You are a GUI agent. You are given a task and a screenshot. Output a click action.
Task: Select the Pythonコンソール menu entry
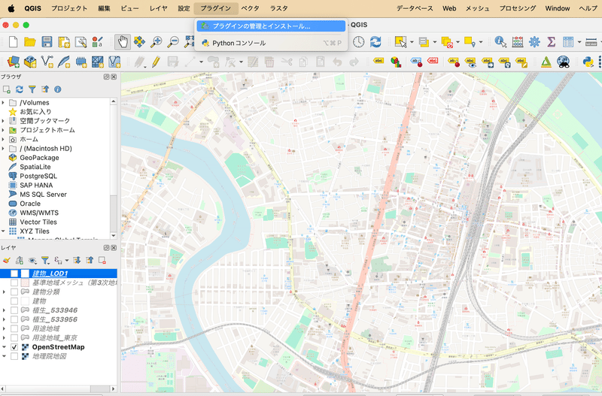tap(239, 44)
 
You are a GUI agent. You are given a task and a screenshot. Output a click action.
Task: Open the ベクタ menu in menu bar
tap(251, 8)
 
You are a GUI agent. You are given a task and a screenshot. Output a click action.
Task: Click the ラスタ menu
tap(278, 8)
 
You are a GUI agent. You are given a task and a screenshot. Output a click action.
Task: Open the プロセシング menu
tap(518, 8)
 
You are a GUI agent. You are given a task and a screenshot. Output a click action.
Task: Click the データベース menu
tap(415, 8)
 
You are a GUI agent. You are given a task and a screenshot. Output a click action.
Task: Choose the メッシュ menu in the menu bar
tap(477, 8)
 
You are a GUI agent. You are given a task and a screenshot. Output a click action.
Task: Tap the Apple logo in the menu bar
tap(11, 8)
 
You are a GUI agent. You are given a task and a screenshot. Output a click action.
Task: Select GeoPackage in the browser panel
tap(39, 158)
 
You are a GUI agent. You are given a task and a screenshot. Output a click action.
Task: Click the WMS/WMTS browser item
tap(39, 213)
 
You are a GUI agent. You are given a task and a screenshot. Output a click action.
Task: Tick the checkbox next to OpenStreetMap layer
tap(14, 347)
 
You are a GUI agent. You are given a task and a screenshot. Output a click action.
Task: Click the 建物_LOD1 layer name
tap(50, 274)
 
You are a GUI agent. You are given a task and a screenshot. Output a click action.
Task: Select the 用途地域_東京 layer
tap(55, 337)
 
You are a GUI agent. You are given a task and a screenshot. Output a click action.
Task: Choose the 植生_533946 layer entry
tap(55, 310)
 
